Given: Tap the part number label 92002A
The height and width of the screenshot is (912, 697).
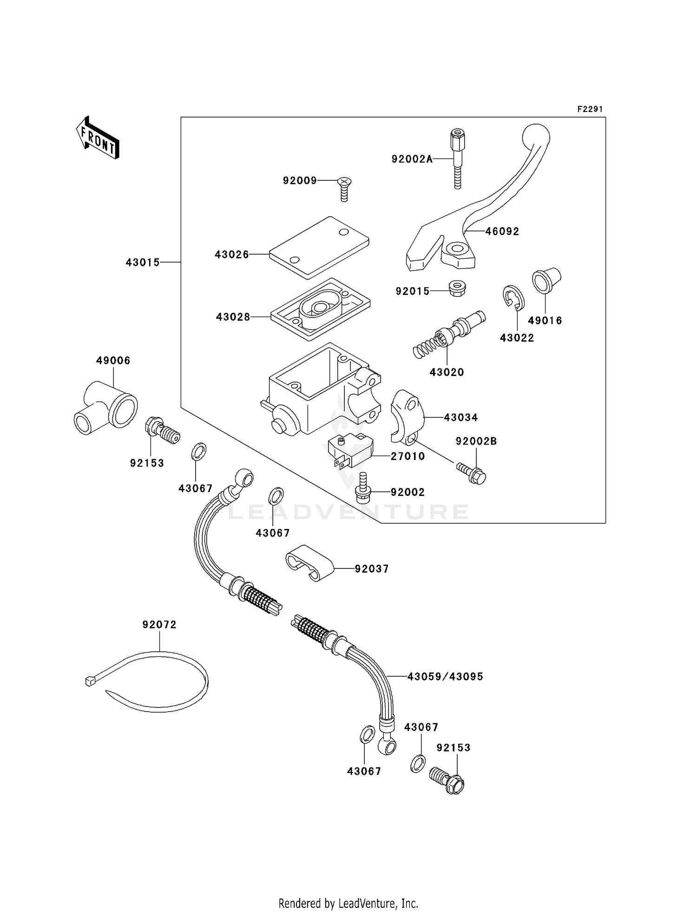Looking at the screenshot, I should [412, 159].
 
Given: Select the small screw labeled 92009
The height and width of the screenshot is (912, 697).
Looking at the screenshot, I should [344, 188].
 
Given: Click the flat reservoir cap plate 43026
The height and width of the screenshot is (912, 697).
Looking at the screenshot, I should [319, 247].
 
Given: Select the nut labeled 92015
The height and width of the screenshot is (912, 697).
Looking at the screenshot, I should [458, 288].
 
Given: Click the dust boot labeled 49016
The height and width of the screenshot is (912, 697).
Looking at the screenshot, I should [546, 280].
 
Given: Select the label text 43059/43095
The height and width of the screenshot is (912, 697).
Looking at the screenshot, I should [445, 677].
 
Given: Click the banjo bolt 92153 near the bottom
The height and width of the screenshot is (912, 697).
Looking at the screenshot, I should [448, 781].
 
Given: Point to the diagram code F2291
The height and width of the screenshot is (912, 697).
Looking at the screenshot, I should [590, 109].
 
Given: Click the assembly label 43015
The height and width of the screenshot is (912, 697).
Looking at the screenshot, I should [143, 263].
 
